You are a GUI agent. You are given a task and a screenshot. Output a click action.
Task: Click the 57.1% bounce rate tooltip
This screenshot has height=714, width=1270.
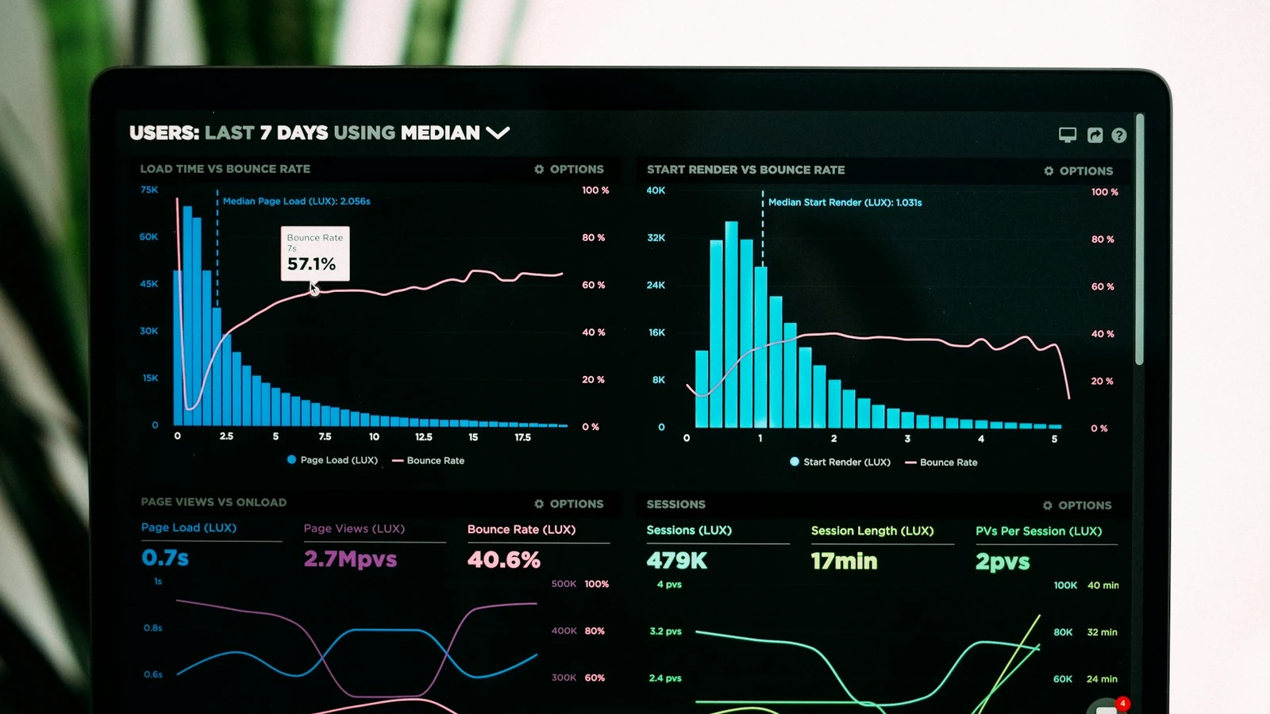[x=314, y=254]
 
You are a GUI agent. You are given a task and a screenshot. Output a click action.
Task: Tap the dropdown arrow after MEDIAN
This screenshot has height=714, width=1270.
[x=498, y=132]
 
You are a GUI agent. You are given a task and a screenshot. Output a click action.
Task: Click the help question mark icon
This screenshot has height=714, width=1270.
[x=1118, y=136]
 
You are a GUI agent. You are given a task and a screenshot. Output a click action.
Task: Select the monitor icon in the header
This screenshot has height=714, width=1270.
[x=1068, y=135]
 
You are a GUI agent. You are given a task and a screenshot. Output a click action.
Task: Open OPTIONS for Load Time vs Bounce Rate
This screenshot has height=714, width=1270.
[x=569, y=169]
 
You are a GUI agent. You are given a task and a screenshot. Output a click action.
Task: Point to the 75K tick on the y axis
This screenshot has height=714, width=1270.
[x=149, y=190]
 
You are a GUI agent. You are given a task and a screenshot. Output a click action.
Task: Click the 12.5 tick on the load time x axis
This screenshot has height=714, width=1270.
[x=424, y=437]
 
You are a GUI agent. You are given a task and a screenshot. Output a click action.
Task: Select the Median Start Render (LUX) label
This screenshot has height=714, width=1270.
[x=845, y=202]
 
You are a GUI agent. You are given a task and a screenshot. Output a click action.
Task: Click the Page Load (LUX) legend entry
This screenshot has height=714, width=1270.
[x=333, y=460]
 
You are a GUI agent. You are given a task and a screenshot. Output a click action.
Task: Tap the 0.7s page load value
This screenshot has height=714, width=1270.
[x=165, y=558]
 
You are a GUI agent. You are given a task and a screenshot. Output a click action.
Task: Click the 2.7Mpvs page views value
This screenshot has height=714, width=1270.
[x=350, y=559]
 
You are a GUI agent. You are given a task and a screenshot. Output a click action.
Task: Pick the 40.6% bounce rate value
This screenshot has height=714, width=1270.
[x=503, y=560]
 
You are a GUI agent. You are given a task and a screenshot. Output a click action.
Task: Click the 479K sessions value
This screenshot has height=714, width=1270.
[x=676, y=561]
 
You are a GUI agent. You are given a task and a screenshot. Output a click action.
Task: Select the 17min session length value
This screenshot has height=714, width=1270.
[x=844, y=562]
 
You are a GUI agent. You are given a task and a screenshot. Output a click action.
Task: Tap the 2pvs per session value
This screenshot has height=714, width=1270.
[x=1002, y=562]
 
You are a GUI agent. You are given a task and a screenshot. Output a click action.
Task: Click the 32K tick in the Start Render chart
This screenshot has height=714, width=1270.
[x=656, y=238]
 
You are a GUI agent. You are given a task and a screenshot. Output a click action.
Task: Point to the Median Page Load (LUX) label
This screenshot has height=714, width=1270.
[x=296, y=202]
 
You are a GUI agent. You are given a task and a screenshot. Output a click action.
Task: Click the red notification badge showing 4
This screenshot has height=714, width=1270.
[x=1122, y=703]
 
